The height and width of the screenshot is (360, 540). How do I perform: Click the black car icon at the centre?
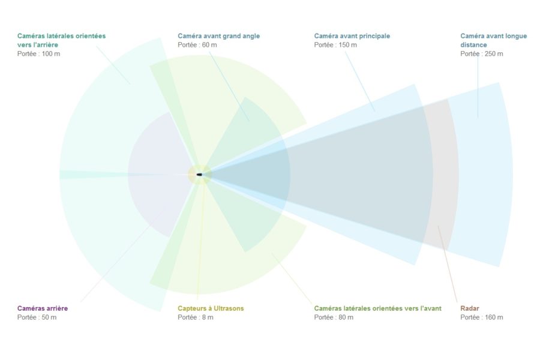point(199,175)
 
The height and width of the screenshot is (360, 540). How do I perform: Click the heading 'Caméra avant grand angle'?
point(218,36)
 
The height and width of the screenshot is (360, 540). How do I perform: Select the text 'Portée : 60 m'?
point(197,45)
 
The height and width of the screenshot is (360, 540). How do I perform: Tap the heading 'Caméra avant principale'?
point(352,36)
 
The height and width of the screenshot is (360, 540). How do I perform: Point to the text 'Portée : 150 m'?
point(335,45)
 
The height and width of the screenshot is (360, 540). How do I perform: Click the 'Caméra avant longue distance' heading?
point(494,40)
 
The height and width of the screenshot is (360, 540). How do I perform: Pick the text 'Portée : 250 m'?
point(482,54)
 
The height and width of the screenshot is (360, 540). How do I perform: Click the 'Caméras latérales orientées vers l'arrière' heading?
point(61,40)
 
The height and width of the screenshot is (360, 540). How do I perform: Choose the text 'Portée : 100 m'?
point(38,54)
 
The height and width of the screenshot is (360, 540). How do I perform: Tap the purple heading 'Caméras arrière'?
point(43,308)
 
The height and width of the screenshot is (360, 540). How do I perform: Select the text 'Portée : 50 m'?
point(37,317)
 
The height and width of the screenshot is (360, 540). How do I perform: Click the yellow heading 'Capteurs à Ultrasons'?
point(211,308)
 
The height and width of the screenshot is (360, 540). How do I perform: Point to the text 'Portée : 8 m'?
point(196,317)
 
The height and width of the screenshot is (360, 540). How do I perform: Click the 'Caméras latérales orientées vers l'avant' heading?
point(378,308)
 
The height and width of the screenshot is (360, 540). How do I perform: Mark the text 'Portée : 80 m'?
point(334,317)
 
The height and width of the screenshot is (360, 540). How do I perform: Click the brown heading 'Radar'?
point(470,308)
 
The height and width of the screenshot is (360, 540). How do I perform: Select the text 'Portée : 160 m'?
point(482,317)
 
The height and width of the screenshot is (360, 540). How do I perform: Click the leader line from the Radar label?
point(448,264)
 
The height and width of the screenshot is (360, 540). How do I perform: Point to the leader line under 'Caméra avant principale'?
point(360,82)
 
